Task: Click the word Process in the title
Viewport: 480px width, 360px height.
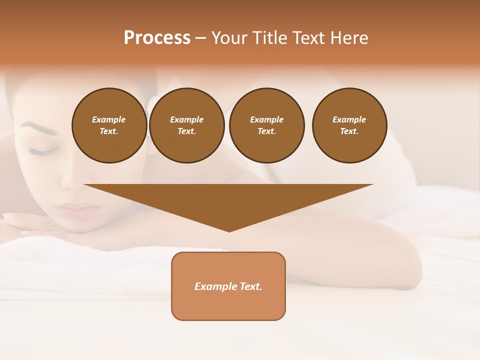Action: [x=157, y=38]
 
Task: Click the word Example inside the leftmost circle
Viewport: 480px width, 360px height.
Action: [x=109, y=119]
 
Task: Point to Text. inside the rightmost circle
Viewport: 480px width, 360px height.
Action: [x=349, y=131]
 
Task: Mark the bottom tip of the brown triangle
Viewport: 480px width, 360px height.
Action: [x=229, y=230]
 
